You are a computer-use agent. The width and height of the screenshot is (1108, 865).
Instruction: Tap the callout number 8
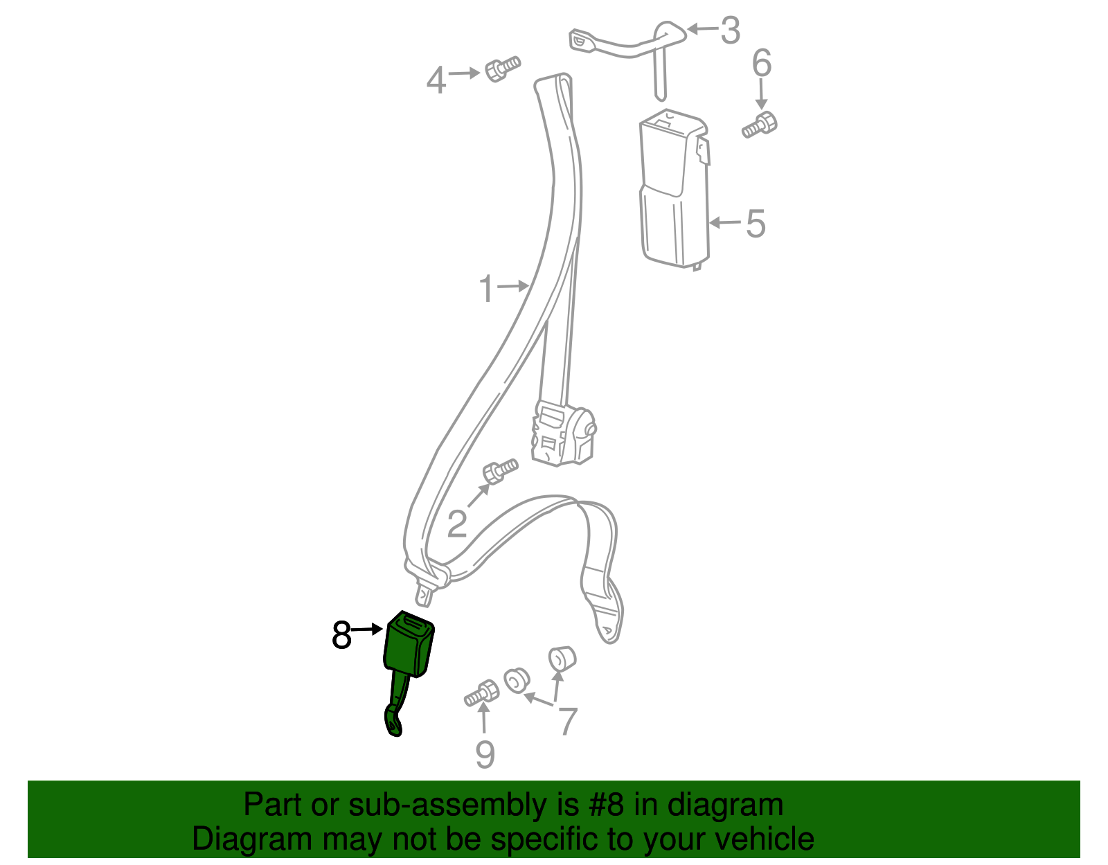pyautogui.click(x=341, y=635)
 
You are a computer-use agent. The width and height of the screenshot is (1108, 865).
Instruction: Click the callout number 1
pyautogui.click(x=486, y=289)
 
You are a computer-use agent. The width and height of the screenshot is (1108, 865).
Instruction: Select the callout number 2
pyautogui.click(x=456, y=524)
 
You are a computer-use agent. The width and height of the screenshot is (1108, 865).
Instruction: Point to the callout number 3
pyautogui.click(x=730, y=30)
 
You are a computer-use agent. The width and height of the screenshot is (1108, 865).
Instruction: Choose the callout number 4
pyautogui.click(x=436, y=80)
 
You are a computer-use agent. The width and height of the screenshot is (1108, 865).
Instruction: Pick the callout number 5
pyautogui.click(x=756, y=224)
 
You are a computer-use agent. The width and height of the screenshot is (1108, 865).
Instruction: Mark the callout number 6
pyautogui.click(x=762, y=63)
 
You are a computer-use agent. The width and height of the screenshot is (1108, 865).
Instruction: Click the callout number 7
pyautogui.click(x=568, y=721)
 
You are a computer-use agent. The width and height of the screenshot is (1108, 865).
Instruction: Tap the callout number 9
pyautogui.click(x=485, y=754)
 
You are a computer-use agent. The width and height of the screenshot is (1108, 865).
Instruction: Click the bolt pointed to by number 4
pyautogui.click(x=502, y=69)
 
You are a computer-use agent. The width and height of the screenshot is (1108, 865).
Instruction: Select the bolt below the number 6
pyautogui.click(x=759, y=125)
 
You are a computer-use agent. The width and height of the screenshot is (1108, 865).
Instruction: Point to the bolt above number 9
pyautogui.click(x=481, y=693)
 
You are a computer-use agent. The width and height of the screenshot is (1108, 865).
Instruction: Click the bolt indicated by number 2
pyautogui.click(x=500, y=470)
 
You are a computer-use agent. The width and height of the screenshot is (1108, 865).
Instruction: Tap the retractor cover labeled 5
pyautogui.click(x=674, y=189)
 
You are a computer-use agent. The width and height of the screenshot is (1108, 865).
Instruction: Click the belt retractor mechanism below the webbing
pyautogui.click(x=563, y=434)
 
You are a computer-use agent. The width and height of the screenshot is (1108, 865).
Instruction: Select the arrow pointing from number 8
pyautogui.click(x=367, y=630)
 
